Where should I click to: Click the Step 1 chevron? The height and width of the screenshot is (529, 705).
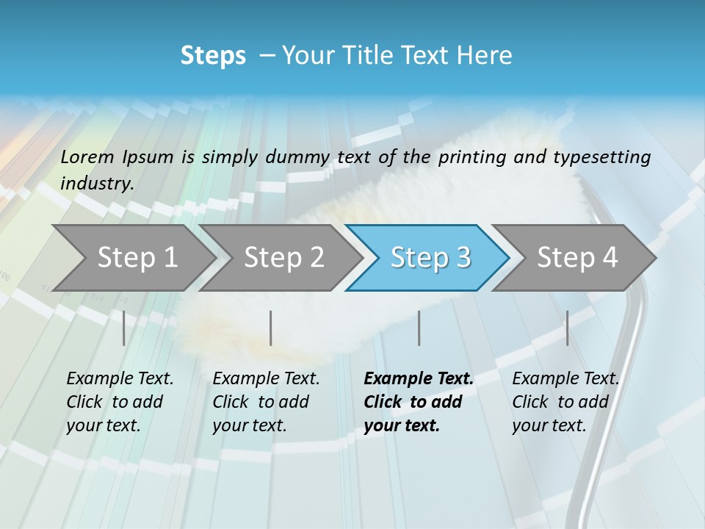pos(136,258)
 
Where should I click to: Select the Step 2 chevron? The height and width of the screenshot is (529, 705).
pos(283,258)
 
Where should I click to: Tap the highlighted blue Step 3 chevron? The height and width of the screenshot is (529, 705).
pos(430,258)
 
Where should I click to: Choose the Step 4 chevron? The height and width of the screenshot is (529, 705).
pos(576,258)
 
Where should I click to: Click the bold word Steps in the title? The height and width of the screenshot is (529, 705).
pos(213,56)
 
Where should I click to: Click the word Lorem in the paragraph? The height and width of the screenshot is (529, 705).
pos(87,156)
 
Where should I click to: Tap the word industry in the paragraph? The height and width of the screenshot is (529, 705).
pos(97,183)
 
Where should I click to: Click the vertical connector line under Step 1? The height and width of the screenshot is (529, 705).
pos(123,328)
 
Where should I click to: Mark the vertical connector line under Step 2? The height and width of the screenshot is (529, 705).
pos(271,328)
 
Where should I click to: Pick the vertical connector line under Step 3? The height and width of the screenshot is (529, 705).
pos(419,328)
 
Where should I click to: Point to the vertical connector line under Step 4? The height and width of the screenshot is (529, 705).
pos(567,328)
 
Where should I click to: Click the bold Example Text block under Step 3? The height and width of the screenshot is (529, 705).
pos(419,402)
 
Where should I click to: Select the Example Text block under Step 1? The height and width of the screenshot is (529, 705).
pos(120,402)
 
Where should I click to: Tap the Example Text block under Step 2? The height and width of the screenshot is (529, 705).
pos(266,402)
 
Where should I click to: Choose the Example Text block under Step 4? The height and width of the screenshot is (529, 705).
pos(565,402)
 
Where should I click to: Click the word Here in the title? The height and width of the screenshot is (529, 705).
pos(488,56)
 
